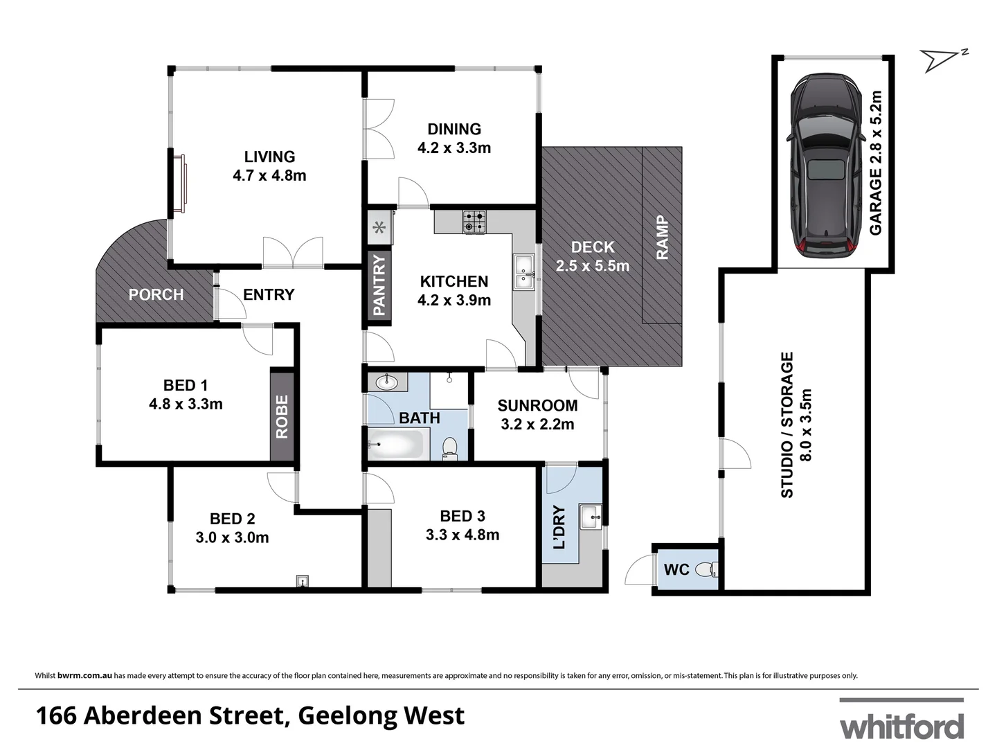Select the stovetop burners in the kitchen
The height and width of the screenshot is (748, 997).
pyautogui.click(x=474, y=221)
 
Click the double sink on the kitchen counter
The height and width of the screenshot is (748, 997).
pyautogui.click(x=523, y=271)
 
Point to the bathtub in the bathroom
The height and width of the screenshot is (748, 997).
pyautogui.click(x=395, y=445)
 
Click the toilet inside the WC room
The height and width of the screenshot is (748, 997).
pyautogui.click(x=706, y=570)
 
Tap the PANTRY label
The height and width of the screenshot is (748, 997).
pyautogui.click(x=379, y=285)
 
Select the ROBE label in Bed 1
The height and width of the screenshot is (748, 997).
pyautogui.click(x=282, y=417)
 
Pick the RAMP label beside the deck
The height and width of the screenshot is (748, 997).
pyautogui.click(x=662, y=238)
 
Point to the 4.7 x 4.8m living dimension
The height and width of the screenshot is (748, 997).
pyautogui.click(x=269, y=176)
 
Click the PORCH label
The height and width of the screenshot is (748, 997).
pyautogui.click(x=156, y=295)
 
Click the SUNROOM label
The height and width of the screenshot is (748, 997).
pyautogui.click(x=537, y=406)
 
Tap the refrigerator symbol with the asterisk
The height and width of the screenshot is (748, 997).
pyautogui.click(x=379, y=227)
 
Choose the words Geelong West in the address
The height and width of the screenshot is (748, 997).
pyautogui.click(x=381, y=716)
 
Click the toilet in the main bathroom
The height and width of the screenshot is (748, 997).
pyautogui.click(x=450, y=447)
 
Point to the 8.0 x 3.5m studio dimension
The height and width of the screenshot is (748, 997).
pyautogui.click(x=805, y=425)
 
